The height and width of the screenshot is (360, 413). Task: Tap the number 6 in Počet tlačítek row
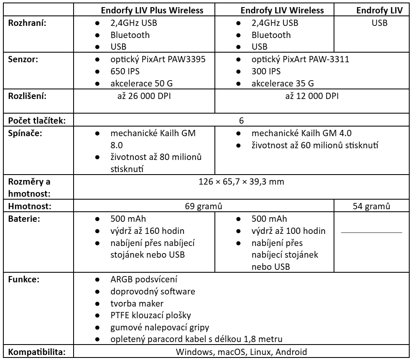pos(241,120)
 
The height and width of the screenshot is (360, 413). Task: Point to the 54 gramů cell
pos(371,206)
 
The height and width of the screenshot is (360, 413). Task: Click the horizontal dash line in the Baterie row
pos(371,232)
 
